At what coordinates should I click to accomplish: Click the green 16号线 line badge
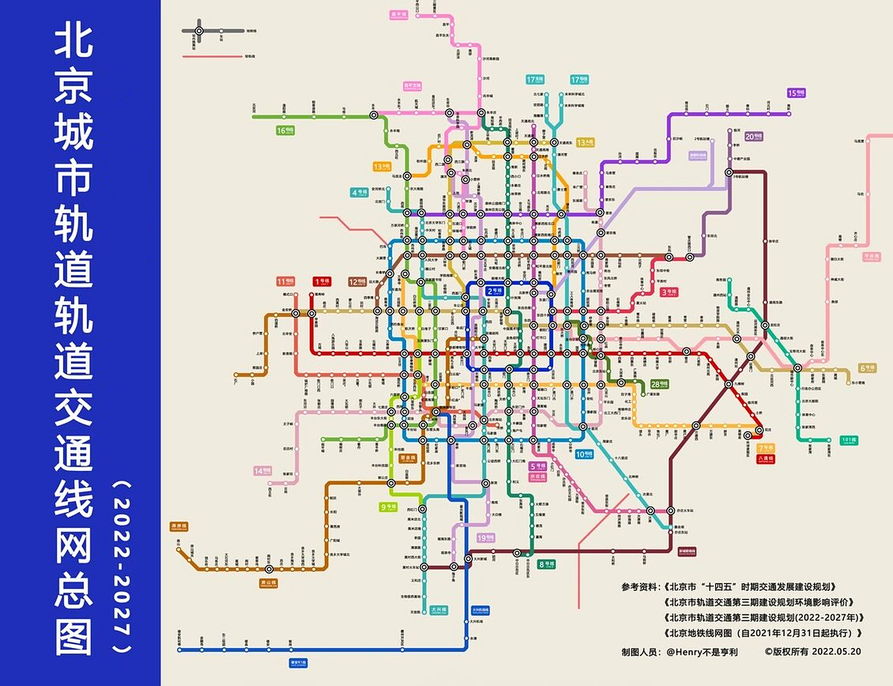coord(285,130)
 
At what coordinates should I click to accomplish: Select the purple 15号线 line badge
coord(796,93)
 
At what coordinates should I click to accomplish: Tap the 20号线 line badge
coord(753,137)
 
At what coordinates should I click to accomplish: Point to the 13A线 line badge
coord(585,143)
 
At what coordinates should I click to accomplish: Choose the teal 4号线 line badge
coord(359,192)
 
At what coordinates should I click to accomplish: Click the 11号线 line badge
coord(285,281)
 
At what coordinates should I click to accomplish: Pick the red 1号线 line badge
coord(322,281)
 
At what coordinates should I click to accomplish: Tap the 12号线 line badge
coord(357,282)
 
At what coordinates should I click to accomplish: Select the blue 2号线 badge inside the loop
coord(494,291)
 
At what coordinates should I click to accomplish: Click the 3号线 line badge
coord(668,292)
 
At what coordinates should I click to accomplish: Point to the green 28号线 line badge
coord(659,384)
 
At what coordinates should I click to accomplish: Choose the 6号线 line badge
coord(867,368)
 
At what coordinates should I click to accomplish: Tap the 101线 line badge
coord(849,441)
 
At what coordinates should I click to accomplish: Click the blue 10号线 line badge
coord(584,454)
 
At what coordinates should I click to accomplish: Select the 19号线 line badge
coord(486,538)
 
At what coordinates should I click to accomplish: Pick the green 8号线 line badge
coord(547,564)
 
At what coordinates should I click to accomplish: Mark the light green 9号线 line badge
coord(388,507)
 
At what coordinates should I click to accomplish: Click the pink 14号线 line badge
coord(262,471)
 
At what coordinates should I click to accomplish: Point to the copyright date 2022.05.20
coord(836,652)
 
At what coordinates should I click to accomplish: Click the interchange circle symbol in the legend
coord(199,31)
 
